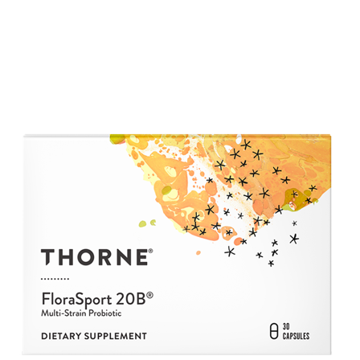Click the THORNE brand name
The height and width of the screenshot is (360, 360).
point(95,258)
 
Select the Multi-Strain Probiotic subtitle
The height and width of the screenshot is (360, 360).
point(80,312)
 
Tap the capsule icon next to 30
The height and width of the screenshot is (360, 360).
point(274,330)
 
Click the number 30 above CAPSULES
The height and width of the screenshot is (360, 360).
point(285,326)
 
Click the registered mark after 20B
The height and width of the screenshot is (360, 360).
point(150,293)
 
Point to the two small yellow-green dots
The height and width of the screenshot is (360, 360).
point(144,223)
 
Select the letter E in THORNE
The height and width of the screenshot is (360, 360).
point(139,258)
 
